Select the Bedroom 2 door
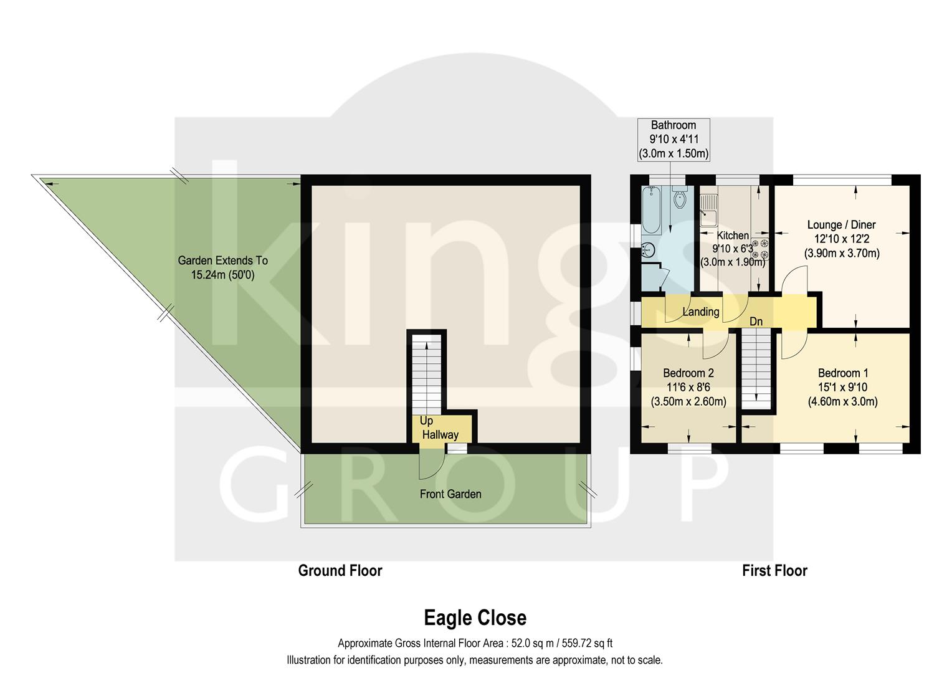[x=715, y=346]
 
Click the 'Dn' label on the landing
[x=756, y=322]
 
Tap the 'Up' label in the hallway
[x=426, y=421]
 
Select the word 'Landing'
[x=700, y=312]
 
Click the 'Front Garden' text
[x=450, y=494]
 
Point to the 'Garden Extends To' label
[x=222, y=260]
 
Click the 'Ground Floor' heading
[x=340, y=570]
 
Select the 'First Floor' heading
[x=774, y=570]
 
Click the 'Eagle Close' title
[x=475, y=618]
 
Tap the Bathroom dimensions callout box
[x=673, y=139]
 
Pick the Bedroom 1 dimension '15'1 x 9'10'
[x=842, y=387]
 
